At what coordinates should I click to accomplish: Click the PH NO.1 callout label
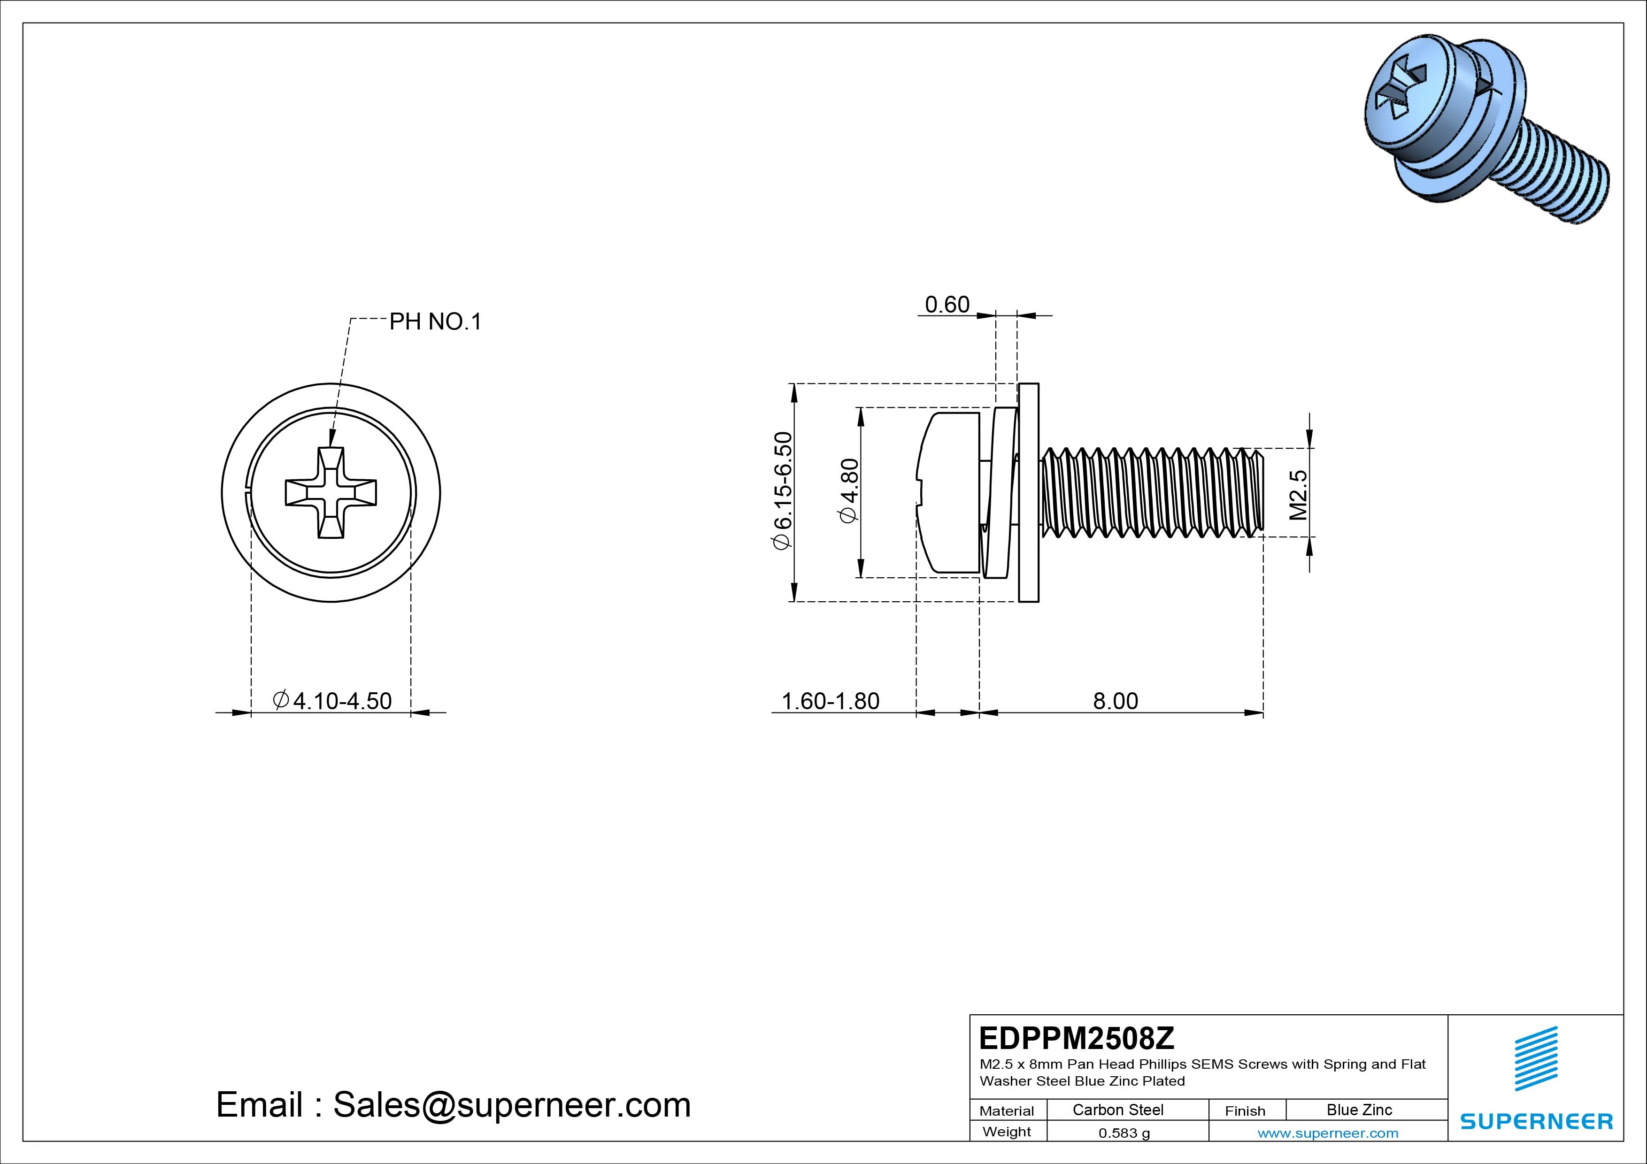435,322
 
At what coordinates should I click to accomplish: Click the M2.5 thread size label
1298,494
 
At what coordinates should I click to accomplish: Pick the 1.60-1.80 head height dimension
830,701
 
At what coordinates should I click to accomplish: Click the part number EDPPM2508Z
1077,1038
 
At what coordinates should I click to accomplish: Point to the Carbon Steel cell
1117,1110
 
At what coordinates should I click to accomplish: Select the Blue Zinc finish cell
1359,1110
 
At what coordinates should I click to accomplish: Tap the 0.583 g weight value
1124,1133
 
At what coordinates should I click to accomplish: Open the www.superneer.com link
1328,1133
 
